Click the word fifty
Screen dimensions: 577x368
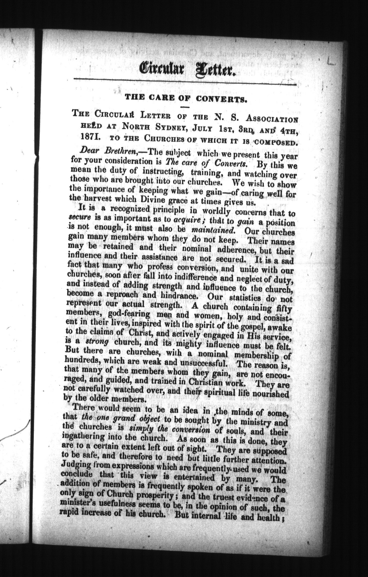284,308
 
